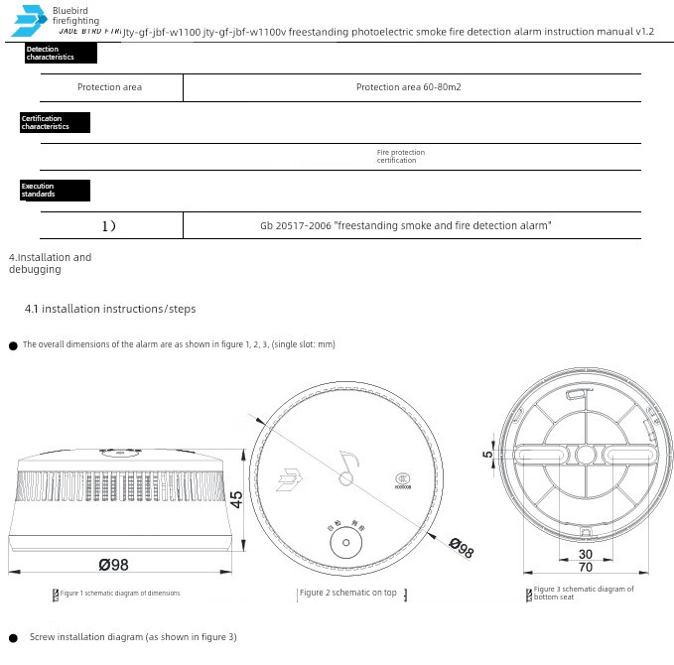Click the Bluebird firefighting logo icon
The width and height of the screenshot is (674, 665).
tap(30, 22)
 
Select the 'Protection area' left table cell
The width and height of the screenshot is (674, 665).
tap(109, 87)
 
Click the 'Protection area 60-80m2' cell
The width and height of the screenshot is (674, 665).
tap(408, 87)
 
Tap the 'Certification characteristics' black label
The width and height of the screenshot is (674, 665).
tap(55, 123)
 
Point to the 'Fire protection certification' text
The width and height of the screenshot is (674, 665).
tap(400, 157)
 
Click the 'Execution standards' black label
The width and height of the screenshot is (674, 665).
tap(55, 191)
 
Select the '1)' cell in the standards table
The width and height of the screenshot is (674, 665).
tap(109, 226)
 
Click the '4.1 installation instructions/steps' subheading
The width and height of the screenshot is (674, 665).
tap(110, 309)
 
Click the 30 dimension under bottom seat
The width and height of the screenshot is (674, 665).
tap(586, 554)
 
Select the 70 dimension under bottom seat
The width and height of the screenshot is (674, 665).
tap(586, 567)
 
